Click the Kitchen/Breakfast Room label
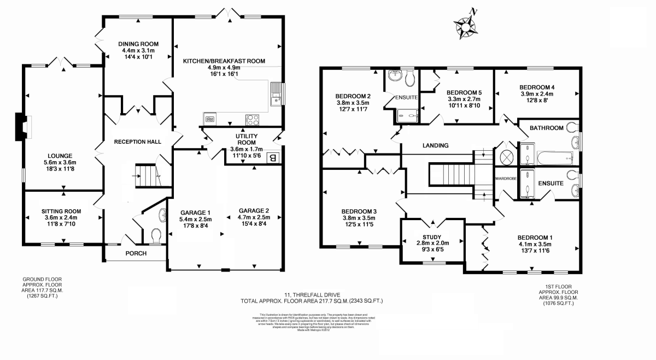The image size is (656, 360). click(224, 61)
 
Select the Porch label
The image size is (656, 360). click(136, 253)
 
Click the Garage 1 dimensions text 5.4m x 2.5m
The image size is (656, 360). click(196, 220)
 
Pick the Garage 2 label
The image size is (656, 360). click(254, 210)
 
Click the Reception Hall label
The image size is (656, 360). click(137, 142)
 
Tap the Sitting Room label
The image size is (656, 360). click(61, 211)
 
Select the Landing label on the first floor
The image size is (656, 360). click(435, 146)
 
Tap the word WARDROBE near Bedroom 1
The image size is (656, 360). click(506, 179)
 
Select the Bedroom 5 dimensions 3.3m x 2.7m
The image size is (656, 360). click(464, 99)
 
